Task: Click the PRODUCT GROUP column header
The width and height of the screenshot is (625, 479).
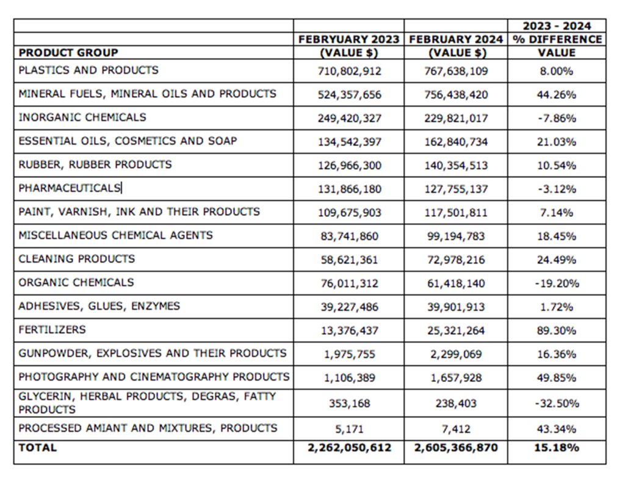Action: pyautogui.click(x=68, y=53)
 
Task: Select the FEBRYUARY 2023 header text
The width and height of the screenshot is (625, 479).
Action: pyautogui.click(x=349, y=39)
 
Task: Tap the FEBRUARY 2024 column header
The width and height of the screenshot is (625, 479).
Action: pyautogui.click(x=456, y=39)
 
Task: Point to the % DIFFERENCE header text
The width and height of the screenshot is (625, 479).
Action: pyautogui.click(x=557, y=39)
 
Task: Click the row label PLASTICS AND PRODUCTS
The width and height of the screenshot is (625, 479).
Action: pyautogui.click(x=89, y=70)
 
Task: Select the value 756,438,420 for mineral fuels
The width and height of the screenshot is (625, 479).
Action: pyautogui.click(x=456, y=95)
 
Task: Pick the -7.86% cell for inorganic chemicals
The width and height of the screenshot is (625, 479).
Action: pyautogui.click(x=557, y=118)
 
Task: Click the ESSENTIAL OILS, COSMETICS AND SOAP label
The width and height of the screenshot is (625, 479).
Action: pyautogui.click(x=128, y=141)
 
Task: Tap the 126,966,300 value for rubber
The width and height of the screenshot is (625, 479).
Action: pyautogui.click(x=350, y=165)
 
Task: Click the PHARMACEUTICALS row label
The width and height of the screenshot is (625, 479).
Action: pyautogui.click(x=70, y=188)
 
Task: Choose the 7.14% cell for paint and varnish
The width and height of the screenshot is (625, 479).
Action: pyautogui.click(x=557, y=213)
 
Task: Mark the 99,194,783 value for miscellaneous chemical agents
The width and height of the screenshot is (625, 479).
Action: pyautogui.click(x=456, y=236)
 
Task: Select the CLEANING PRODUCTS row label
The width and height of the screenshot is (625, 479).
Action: pyautogui.click(x=76, y=258)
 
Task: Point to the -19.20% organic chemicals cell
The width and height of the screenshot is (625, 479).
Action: pyautogui.click(x=557, y=283)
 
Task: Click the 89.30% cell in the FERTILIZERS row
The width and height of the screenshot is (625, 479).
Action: pyautogui.click(x=557, y=330)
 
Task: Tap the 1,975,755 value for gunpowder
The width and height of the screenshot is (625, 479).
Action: pyautogui.click(x=350, y=354)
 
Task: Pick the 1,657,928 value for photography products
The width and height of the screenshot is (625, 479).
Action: pyautogui.click(x=456, y=378)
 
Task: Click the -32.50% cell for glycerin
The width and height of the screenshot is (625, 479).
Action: pyautogui.click(x=557, y=403)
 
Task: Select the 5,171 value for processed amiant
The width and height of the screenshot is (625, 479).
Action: pyautogui.click(x=350, y=429)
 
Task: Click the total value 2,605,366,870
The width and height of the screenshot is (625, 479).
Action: pyautogui.click(x=456, y=447)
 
